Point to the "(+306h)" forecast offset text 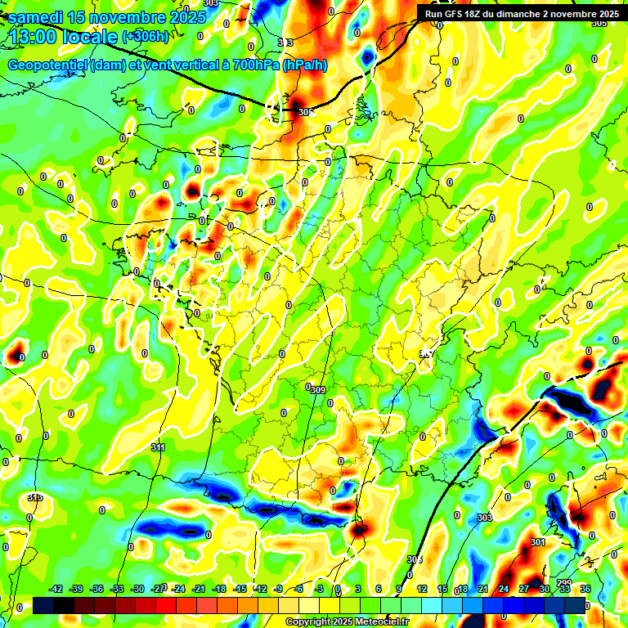click(145, 37)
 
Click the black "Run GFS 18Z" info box click(522, 14)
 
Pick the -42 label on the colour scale click(56, 589)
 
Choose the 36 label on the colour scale click(585, 589)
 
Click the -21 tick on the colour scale click(199, 589)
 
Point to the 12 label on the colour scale click(422, 589)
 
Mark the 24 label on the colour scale click(503, 589)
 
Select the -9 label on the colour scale click(279, 589)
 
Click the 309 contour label click(318, 390)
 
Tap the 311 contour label click(158, 447)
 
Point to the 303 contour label click(484, 518)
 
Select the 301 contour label click(537, 542)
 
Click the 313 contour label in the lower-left click(34, 497)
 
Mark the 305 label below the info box click(599, 24)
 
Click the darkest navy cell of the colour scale click(43, 605)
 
